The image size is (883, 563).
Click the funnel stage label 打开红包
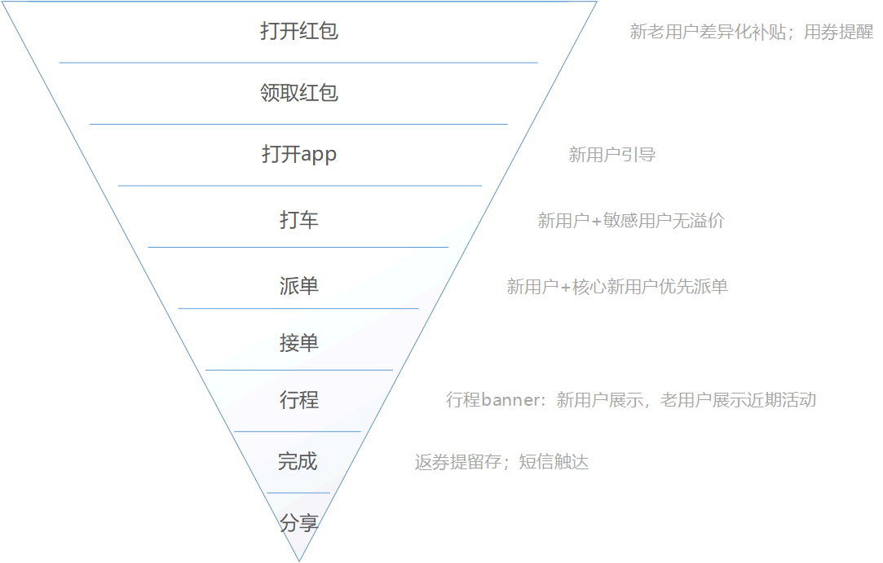click(299, 31)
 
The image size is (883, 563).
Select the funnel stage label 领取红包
click(299, 93)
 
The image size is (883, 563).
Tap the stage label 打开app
click(299, 154)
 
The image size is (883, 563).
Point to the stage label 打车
click(299, 219)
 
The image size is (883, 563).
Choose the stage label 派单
click(299, 286)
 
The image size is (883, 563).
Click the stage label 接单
click(299, 343)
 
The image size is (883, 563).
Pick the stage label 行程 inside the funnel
click(299, 400)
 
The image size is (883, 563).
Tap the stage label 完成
click(298, 462)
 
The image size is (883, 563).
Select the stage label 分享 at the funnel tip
click(299, 523)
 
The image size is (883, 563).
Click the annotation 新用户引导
click(612, 154)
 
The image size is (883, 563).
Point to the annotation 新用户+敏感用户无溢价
click(631, 220)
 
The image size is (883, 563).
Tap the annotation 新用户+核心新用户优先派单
click(617, 287)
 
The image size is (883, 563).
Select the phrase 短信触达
click(554, 462)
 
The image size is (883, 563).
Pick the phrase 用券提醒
click(838, 32)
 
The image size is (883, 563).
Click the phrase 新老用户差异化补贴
click(708, 32)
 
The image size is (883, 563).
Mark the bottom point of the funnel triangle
click(299, 561)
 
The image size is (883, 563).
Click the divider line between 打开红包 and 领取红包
click(298, 63)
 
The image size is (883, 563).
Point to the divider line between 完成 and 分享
click(298, 493)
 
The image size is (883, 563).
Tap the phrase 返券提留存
click(458, 462)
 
